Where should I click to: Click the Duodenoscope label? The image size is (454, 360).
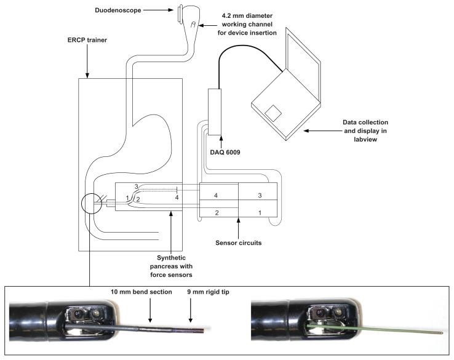pos(118,10)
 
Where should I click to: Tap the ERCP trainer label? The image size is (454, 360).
pos(87,40)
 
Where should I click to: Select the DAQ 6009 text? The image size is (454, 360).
pos(225,153)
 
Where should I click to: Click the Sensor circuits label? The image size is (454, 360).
pos(238,242)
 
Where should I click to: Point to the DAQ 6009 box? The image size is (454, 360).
pos(215,112)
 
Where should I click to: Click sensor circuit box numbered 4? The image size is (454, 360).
pos(219,191)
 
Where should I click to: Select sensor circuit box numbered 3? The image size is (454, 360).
pos(258,191)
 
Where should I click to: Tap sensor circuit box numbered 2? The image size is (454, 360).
pos(219,212)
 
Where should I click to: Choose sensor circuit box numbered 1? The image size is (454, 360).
pos(258,209)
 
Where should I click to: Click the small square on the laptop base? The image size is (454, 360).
pos(273,113)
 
